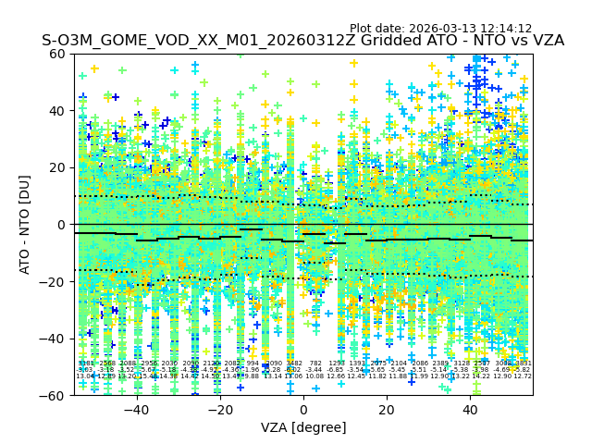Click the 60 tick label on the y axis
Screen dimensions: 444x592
58,54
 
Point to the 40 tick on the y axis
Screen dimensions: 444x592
58,111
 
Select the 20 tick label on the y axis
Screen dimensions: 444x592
58,167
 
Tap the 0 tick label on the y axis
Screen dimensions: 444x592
62,225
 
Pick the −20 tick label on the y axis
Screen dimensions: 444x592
55,282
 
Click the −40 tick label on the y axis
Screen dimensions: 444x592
55,339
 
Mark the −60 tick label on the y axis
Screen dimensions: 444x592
55,396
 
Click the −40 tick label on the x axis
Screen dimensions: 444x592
136,410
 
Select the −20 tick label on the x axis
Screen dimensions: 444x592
219,410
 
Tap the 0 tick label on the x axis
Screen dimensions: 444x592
303,410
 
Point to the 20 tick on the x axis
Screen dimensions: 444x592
387,410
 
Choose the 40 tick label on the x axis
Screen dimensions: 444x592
470,410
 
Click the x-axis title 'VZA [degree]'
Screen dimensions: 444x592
303,427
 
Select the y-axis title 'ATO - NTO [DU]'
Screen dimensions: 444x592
26,225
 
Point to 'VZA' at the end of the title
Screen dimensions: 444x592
547,42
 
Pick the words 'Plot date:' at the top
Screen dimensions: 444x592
379,29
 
